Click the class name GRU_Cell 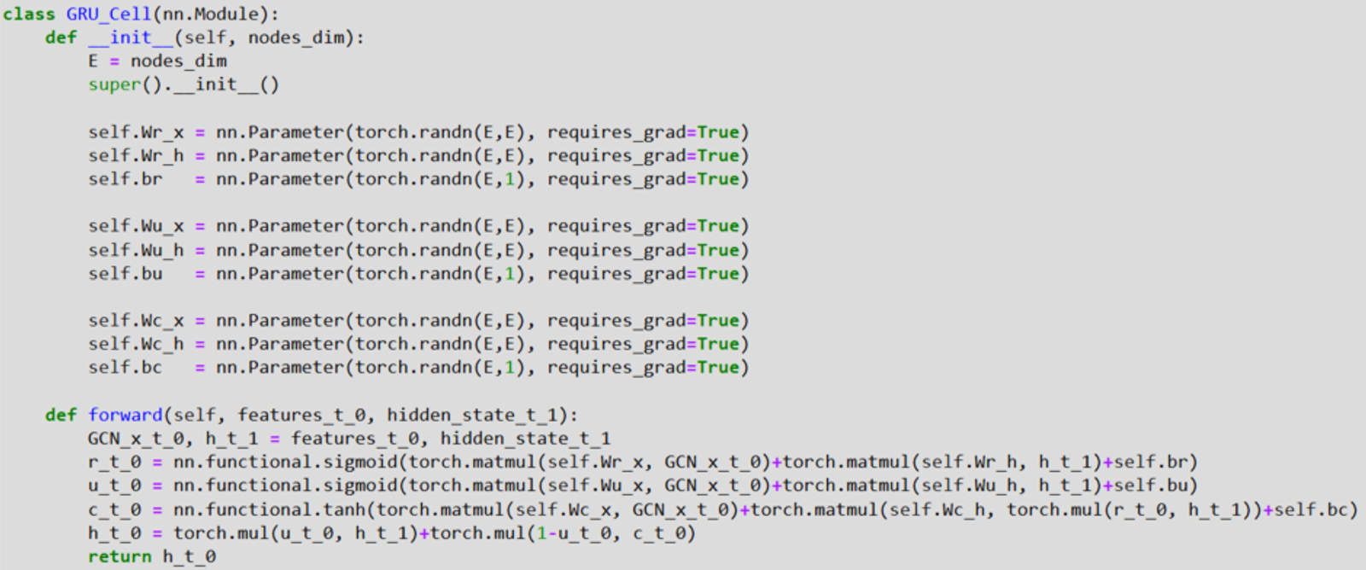point(108,15)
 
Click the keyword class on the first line point(29,15)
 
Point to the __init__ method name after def point(131,38)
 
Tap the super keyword point(114,84)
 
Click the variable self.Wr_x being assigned point(136,132)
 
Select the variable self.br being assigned point(125,179)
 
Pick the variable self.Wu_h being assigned point(136,250)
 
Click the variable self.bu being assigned point(125,274)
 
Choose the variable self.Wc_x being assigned point(136,321)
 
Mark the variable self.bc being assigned point(125,368)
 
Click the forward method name point(125,415)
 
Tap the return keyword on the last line point(120,556)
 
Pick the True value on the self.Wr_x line point(718,132)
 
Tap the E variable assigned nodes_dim point(93,61)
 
